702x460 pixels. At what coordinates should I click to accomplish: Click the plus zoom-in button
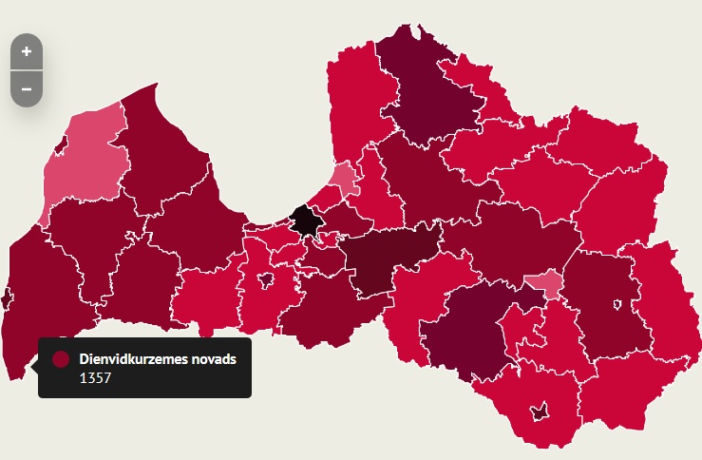pyautogui.click(x=26, y=51)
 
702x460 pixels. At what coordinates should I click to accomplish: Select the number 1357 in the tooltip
pyautogui.click(x=94, y=378)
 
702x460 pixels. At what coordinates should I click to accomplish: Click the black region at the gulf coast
pyautogui.click(x=306, y=220)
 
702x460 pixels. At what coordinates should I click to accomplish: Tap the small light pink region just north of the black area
pyautogui.click(x=343, y=178)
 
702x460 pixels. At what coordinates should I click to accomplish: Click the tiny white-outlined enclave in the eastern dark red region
pyautogui.click(x=617, y=305)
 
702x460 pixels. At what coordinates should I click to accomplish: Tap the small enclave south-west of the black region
pyautogui.click(x=266, y=278)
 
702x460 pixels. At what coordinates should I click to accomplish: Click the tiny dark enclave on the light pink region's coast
pyautogui.click(x=61, y=144)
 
